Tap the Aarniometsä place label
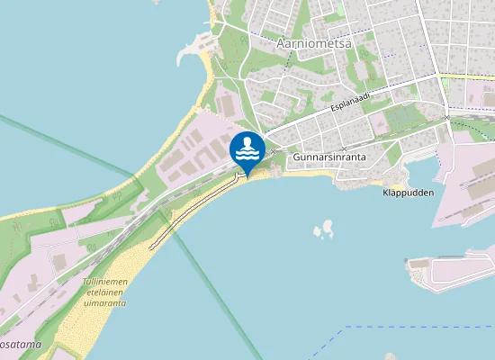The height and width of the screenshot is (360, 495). (313, 42)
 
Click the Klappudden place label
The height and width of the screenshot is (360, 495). (408, 193)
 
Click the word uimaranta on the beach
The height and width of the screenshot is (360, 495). (106, 303)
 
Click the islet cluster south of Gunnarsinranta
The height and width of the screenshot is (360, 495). (323, 231)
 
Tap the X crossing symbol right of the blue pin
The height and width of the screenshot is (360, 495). (274, 151)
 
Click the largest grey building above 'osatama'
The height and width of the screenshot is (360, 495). (59, 262)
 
